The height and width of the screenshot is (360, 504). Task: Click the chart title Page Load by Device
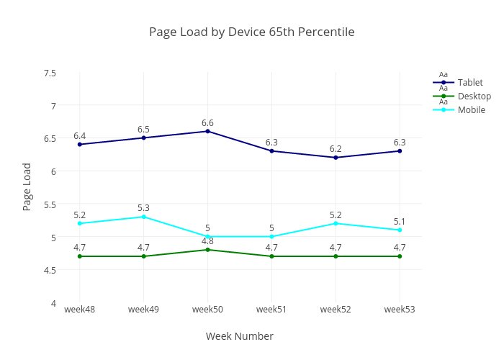click(x=251, y=32)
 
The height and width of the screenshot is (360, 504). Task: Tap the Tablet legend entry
click(x=470, y=83)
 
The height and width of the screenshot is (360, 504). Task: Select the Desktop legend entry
click(x=474, y=96)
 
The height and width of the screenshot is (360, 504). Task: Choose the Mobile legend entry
click(x=472, y=110)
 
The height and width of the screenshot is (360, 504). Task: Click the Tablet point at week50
click(x=207, y=131)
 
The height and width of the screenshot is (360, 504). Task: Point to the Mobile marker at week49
click(x=143, y=217)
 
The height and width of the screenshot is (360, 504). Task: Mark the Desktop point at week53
click(x=400, y=256)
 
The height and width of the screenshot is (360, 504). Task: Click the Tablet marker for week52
click(x=336, y=158)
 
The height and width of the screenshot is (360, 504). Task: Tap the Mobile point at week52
click(x=336, y=223)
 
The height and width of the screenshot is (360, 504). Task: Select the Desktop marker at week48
click(x=79, y=256)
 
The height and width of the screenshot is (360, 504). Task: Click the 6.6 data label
click(x=207, y=123)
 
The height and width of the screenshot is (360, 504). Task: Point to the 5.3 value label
click(x=143, y=208)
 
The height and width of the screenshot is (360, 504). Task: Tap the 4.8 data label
click(x=207, y=241)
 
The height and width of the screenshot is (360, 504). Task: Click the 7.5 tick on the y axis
click(x=50, y=73)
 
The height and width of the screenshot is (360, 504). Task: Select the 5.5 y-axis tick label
click(x=50, y=204)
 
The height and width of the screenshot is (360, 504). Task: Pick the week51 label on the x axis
click(x=271, y=310)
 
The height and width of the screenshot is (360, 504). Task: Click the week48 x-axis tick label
click(x=79, y=310)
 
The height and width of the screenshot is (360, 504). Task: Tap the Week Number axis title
click(x=239, y=336)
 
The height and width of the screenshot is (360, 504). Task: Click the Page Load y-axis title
click(x=27, y=186)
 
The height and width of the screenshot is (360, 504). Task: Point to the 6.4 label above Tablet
click(x=79, y=136)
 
